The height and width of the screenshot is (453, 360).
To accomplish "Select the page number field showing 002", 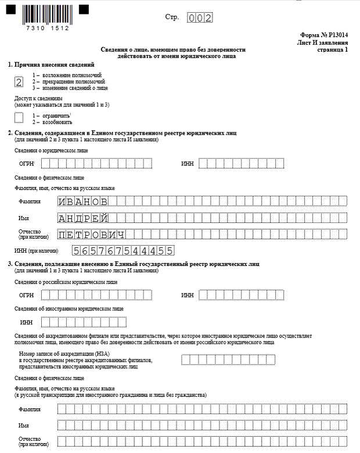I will coord(200,18).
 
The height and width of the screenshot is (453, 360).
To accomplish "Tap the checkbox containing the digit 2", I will coord(19,82).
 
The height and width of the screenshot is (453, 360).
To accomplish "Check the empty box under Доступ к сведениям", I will coord(19,118).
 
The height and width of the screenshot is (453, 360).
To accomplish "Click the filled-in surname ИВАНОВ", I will coord(82,202).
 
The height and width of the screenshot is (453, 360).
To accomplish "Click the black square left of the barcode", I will coord(12,10).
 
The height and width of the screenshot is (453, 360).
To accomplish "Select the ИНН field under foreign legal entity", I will coord(84,322).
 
